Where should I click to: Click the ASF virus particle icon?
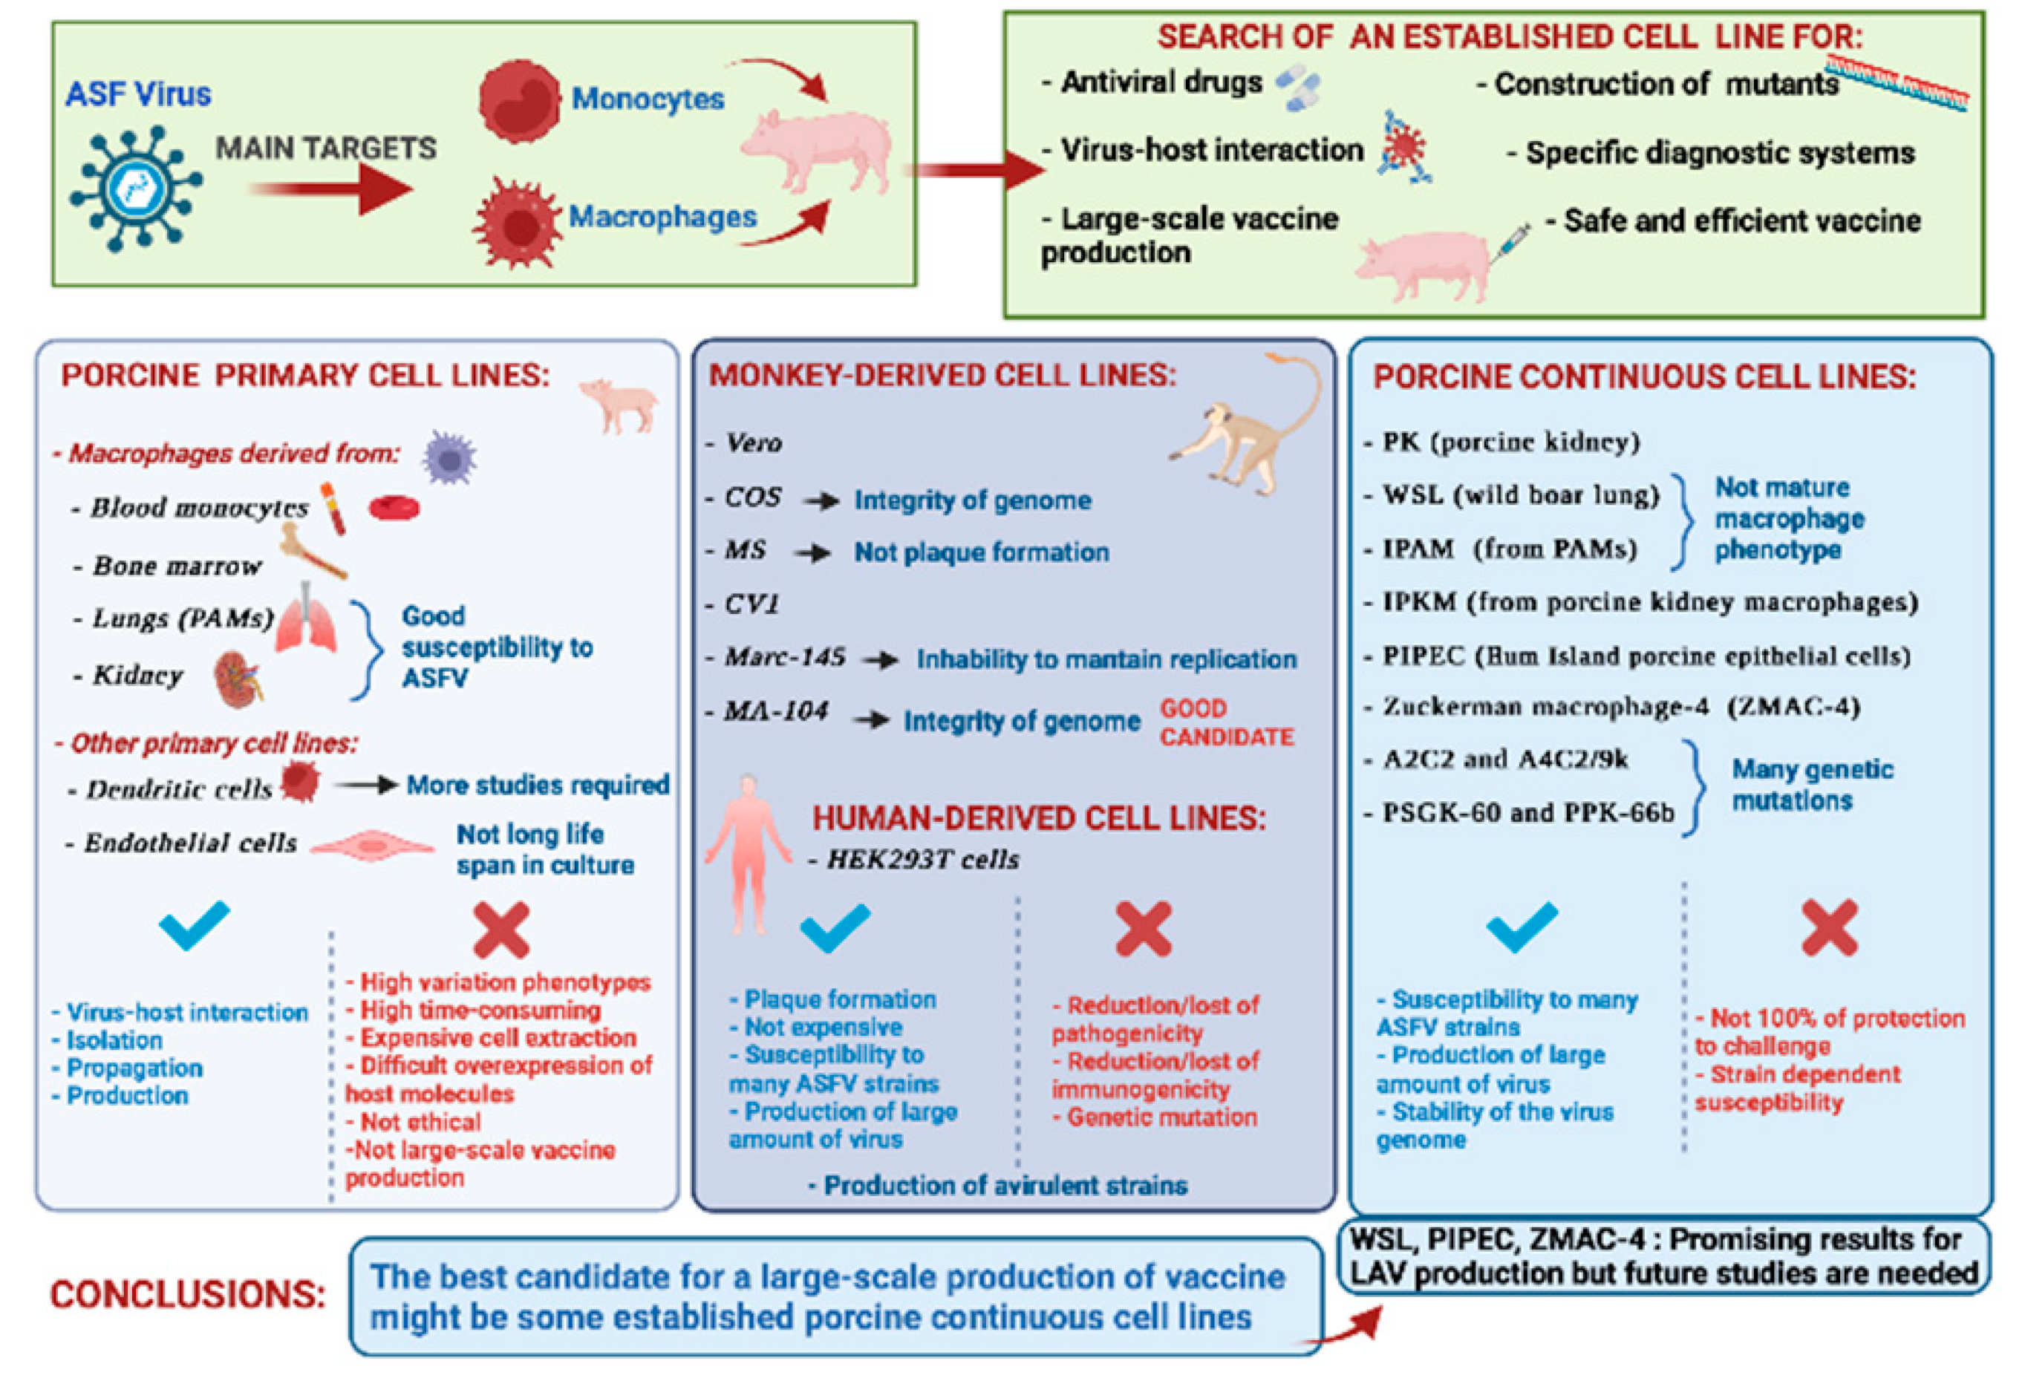[136, 188]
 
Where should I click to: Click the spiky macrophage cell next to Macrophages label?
[516, 221]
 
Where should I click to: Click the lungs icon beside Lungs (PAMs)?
[306, 619]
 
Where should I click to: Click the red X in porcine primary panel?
[501, 930]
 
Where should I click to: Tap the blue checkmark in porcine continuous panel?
[1522, 927]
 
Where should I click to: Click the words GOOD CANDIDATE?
[1226, 722]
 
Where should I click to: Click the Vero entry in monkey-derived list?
[754, 443]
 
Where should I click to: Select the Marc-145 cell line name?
[784, 657]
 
